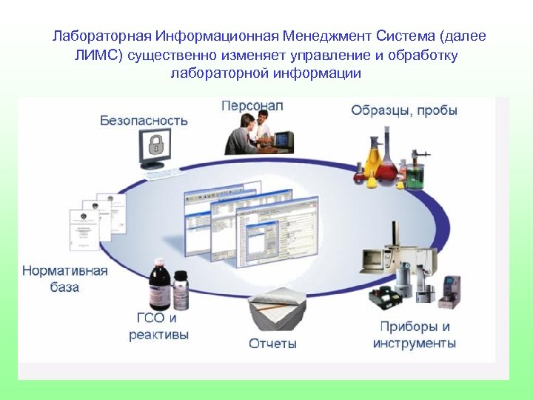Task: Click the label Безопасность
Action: click(144, 120)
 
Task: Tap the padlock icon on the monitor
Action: click(155, 144)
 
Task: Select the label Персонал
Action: click(252, 106)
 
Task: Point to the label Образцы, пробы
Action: click(403, 110)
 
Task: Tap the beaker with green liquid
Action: click(415, 173)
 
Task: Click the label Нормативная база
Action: click(65, 279)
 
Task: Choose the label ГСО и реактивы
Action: click(157, 326)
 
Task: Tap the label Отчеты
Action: click(272, 344)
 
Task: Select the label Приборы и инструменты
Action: click(415, 335)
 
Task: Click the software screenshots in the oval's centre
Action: click(252, 222)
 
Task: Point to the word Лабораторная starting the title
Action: click(103, 36)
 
